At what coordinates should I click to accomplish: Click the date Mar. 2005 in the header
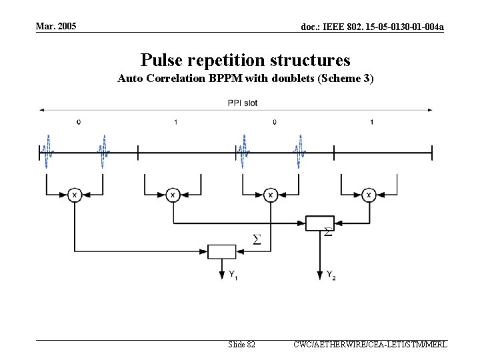point(57,26)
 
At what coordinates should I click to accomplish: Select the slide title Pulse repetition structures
point(245,60)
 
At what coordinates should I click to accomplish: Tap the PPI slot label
point(242,103)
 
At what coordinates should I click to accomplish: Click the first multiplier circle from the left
point(75,195)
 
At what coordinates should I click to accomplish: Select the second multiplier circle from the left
point(173,195)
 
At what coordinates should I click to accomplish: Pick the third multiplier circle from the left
point(270,195)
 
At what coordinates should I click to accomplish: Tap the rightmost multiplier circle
point(368,195)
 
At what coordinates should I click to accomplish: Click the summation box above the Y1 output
point(221,251)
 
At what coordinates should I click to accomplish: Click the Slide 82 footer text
point(241,345)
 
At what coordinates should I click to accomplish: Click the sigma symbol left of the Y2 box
point(256,239)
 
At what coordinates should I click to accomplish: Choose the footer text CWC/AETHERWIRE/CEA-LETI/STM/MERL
point(370,345)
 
